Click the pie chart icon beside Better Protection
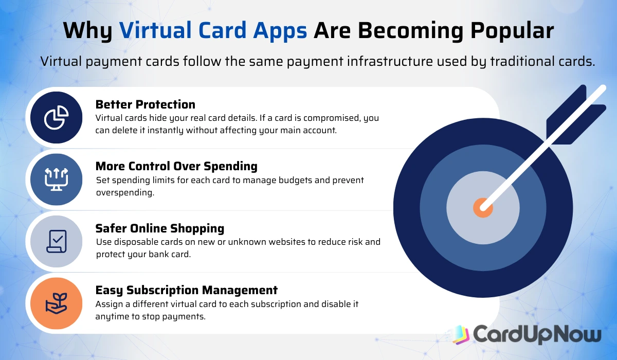pos(56,118)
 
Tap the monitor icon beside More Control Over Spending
pos(56,179)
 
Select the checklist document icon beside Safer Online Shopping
pos(56,241)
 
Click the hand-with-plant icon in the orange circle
pos(56,303)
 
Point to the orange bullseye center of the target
pos(483,208)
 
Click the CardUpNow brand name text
pos(537,334)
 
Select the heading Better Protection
pos(145,104)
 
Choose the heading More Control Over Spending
pos(176,166)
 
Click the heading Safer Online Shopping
pos(160,228)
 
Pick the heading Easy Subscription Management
pos(186,290)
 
